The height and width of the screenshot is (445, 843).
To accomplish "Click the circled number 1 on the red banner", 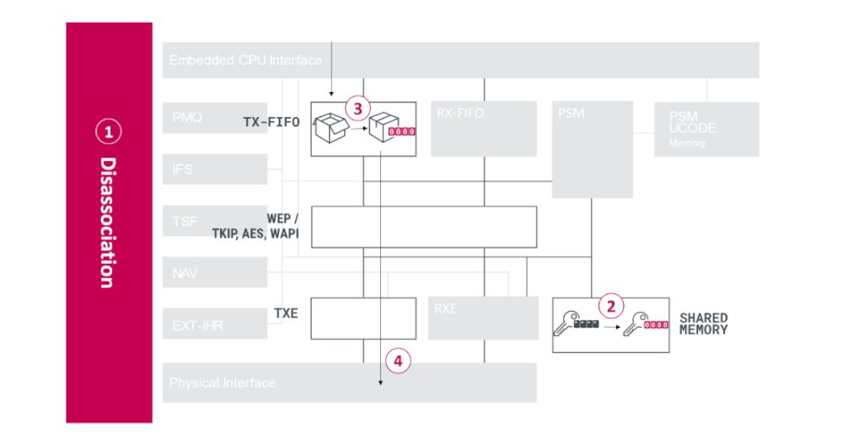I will (108, 131).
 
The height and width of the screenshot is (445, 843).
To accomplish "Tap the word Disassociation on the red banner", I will (108, 222).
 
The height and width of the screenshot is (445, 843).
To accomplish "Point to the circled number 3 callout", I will (357, 108).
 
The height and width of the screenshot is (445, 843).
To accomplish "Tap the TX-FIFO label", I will (271, 123).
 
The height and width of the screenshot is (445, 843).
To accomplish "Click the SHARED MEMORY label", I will (703, 324).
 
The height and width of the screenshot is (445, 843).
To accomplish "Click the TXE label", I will (287, 313).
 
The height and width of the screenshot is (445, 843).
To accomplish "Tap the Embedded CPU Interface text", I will (245, 60).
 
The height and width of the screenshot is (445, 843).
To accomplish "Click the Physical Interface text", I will (222, 383).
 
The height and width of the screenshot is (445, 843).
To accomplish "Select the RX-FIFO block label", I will (460, 114).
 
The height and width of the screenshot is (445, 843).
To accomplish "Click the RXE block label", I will (446, 308).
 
